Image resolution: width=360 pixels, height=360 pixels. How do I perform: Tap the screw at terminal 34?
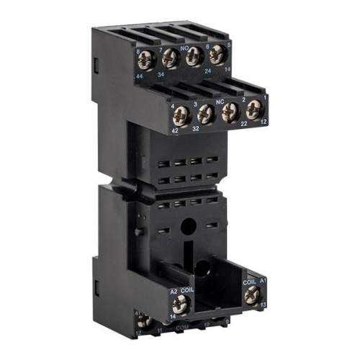[x=171, y=57]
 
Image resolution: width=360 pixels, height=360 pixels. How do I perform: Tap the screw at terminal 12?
[x=253, y=109]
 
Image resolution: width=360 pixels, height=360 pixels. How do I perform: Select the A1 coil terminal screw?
[x=252, y=294]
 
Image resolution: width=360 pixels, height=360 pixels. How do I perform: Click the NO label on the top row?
[x=184, y=44]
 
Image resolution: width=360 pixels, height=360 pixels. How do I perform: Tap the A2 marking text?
[x=174, y=291]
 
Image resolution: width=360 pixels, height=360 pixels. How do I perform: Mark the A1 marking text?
[x=263, y=279]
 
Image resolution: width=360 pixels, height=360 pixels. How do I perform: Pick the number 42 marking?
[x=174, y=130]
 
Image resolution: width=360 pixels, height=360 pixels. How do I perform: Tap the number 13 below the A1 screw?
[x=263, y=306]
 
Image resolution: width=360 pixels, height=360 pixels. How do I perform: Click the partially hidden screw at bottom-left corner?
[x=144, y=322]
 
